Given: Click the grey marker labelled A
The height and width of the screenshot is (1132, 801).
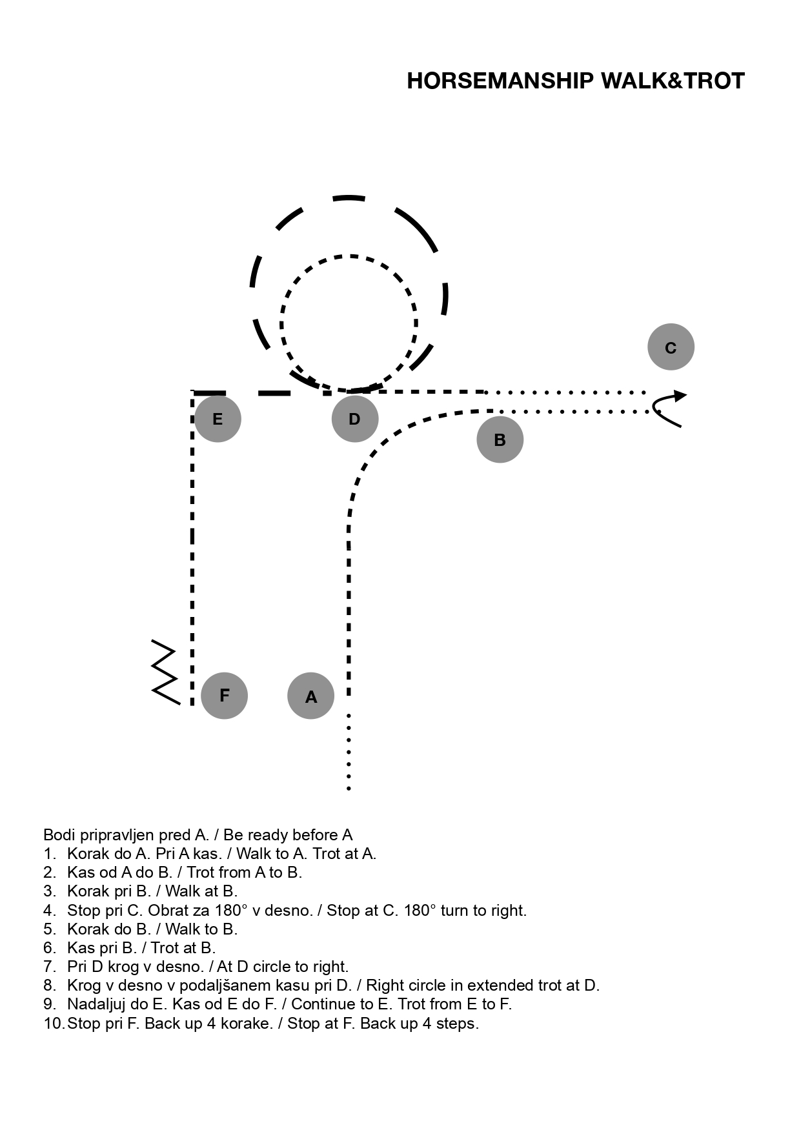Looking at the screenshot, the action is (x=310, y=696).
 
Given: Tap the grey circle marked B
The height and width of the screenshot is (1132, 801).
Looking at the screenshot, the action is (x=500, y=440).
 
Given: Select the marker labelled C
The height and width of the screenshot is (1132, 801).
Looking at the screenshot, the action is (x=671, y=347).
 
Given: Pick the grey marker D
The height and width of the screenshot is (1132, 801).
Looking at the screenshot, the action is (x=354, y=419).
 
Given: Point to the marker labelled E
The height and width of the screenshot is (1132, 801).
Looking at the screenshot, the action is (x=218, y=419).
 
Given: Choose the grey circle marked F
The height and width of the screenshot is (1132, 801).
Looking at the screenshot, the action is (x=224, y=695).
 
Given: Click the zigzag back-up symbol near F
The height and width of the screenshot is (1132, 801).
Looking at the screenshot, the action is (x=165, y=672).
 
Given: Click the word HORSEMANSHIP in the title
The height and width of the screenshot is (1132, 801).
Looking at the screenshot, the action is (x=500, y=81).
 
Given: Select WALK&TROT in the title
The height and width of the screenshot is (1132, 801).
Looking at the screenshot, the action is (x=673, y=81).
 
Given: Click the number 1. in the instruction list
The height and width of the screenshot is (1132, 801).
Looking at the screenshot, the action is (x=50, y=854).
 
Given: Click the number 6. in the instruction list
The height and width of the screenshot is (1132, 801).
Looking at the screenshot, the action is (x=50, y=948).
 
